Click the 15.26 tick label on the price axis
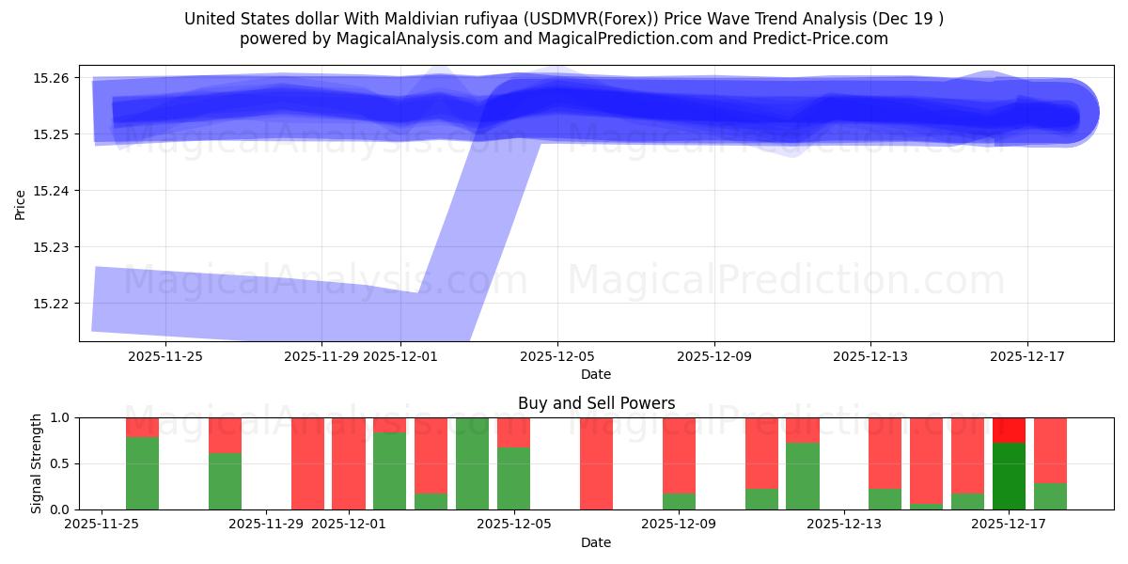53,78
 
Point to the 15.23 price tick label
53,247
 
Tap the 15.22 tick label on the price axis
53,304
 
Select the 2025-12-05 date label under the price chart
557,356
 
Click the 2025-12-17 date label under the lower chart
1009,525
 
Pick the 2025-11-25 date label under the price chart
164,356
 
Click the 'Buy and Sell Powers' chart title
596,403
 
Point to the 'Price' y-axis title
21,204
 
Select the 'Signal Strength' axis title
36,463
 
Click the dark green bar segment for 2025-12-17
1009,476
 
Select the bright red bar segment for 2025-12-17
1009,430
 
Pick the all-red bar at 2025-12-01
349,463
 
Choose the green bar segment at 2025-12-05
513,478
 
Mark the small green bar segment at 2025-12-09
679,501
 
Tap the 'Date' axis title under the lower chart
596,542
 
